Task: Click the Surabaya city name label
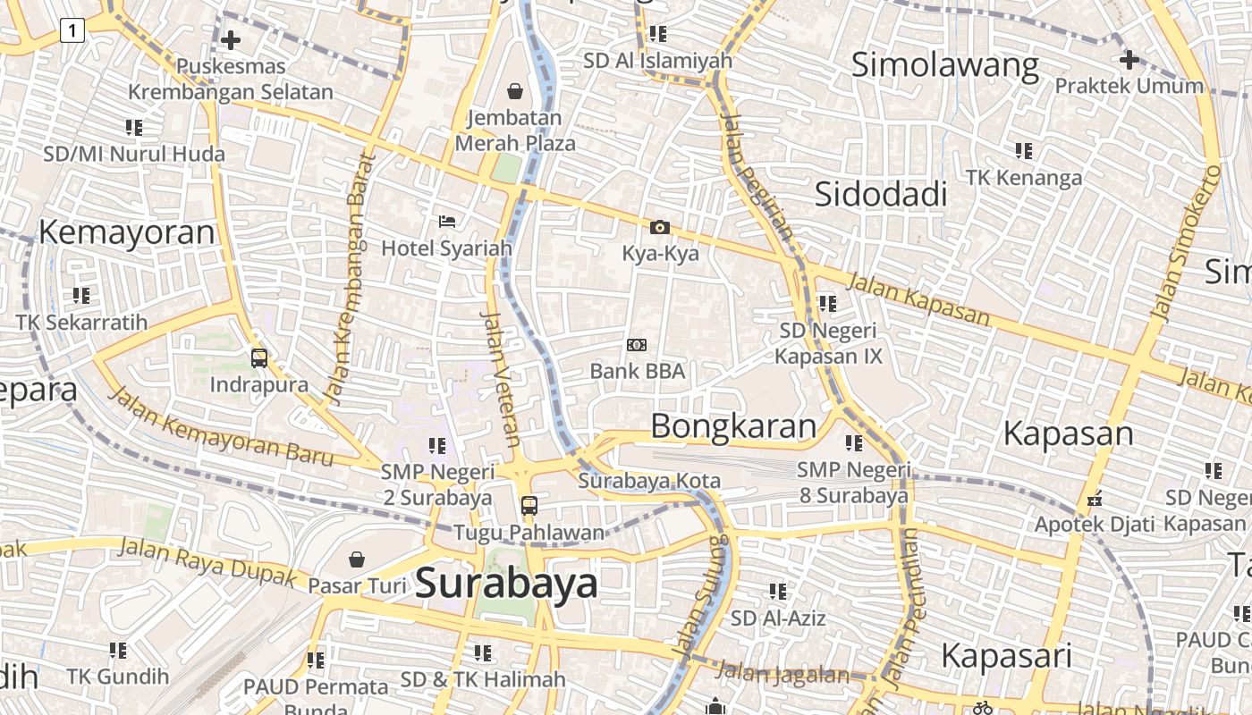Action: pos(506,583)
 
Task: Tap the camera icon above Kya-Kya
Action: pos(660,228)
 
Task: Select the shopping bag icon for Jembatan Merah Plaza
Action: pos(515,90)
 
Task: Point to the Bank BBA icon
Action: pos(637,345)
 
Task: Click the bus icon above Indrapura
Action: pos(259,358)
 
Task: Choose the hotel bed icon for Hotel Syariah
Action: pos(447,221)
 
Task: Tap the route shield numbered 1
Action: pos(72,31)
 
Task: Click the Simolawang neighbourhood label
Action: pos(944,65)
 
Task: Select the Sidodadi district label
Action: pos(881,193)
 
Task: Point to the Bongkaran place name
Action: pos(733,426)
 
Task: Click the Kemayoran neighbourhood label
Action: pos(126,232)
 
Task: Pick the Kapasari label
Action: pos(1006,655)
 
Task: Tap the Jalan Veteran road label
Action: pos(501,378)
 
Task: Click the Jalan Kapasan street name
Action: pos(918,299)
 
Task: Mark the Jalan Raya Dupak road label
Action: pos(207,561)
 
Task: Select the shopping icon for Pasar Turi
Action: pos(357,559)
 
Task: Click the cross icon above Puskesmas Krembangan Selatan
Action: pos(231,40)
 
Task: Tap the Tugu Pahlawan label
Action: pos(529,533)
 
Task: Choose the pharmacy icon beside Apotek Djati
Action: pos(1093,500)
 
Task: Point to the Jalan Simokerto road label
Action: pos(1186,243)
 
